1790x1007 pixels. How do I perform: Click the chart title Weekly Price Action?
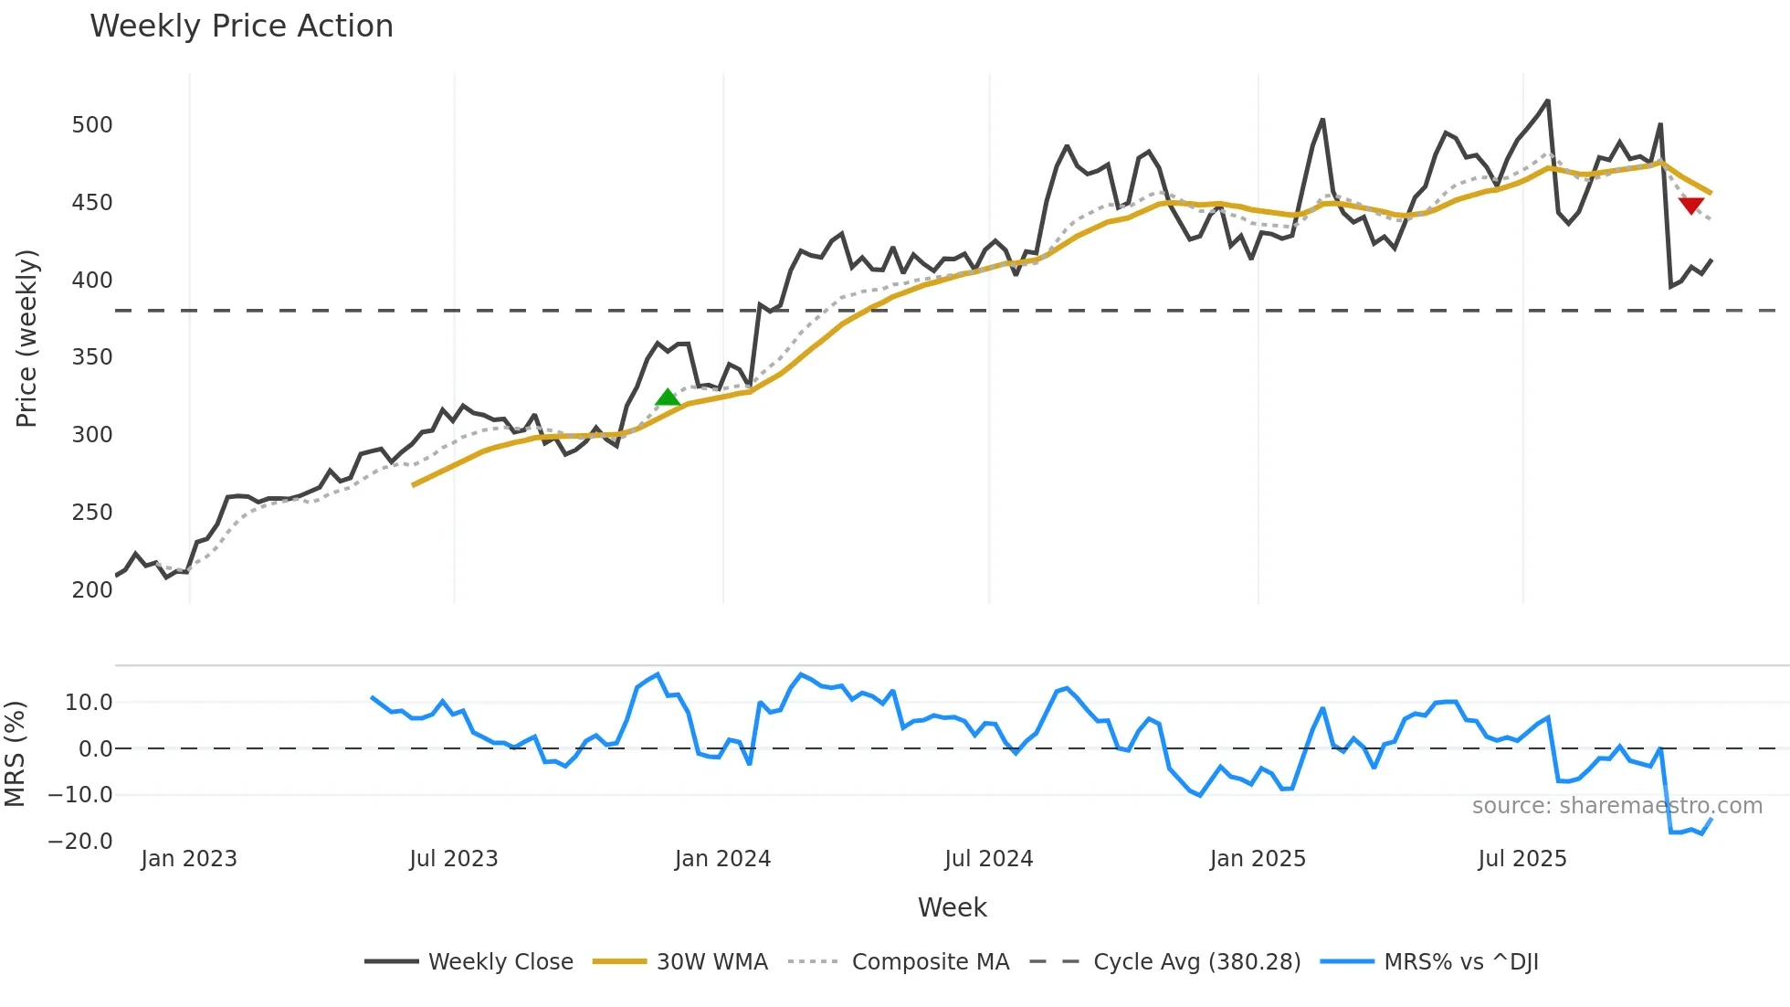[x=241, y=26]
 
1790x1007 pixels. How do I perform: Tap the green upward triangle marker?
[x=668, y=397]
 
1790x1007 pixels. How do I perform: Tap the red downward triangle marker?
[x=1691, y=206]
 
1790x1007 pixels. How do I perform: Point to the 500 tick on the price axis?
[x=92, y=125]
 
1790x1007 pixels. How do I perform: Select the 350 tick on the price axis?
[x=92, y=357]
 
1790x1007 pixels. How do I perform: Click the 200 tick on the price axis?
[x=92, y=590]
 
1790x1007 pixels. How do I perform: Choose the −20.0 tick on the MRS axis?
[x=80, y=842]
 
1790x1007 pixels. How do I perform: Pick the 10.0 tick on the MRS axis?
[x=89, y=703]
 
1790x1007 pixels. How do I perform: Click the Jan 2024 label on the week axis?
[x=722, y=859]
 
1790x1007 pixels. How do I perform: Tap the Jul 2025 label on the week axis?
[x=1522, y=859]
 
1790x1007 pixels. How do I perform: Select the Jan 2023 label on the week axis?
[x=189, y=859]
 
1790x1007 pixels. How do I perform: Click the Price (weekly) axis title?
[x=26, y=338]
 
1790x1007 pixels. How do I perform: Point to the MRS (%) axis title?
[x=15, y=754]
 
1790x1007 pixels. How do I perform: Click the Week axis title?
[x=952, y=907]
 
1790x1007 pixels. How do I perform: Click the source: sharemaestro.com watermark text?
[x=1616, y=806]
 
